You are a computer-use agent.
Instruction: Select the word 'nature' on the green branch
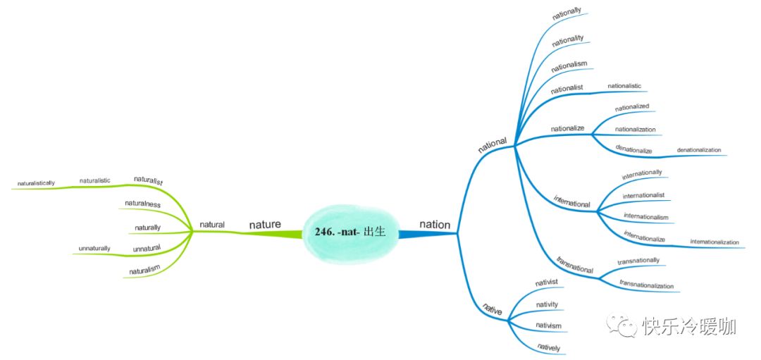pyautogui.click(x=265, y=224)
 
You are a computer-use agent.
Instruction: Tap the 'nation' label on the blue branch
pyautogui.click(x=434, y=224)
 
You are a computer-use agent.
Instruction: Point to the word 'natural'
pyautogui.click(x=212, y=225)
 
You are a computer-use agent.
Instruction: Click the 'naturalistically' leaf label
pyautogui.click(x=37, y=183)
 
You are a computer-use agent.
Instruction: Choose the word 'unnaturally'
pyautogui.click(x=94, y=248)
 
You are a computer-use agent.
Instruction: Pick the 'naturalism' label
pyautogui.click(x=144, y=269)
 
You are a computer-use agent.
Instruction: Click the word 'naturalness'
pyautogui.click(x=143, y=204)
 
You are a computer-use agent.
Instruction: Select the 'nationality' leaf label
pyautogui.click(x=568, y=39)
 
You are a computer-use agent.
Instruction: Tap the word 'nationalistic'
pyautogui.click(x=624, y=85)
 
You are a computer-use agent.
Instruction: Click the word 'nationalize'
pyautogui.click(x=567, y=128)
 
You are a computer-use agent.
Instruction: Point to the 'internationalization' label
pyautogui.click(x=714, y=242)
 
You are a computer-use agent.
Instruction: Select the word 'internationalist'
pyautogui.click(x=643, y=195)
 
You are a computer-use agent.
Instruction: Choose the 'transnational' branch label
pyautogui.click(x=575, y=265)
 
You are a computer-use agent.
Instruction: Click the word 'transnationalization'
pyautogui.click(x=646, y=285)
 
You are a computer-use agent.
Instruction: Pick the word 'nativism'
pyautogui.click(x=547, y=325)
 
